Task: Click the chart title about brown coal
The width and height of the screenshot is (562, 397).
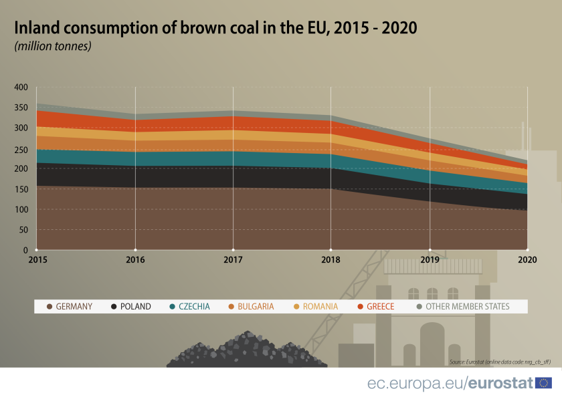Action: click(215, 28)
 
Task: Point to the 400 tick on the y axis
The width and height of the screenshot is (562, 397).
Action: click(20, 87)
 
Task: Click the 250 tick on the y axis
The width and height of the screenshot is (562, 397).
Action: click(20, 148)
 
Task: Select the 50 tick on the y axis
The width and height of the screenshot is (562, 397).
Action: click(22, 230)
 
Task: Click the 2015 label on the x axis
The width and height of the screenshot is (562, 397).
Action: click(37, 259)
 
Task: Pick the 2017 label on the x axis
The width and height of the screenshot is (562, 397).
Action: click(233, 259)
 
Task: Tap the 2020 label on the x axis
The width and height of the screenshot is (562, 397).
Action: click(527, 259)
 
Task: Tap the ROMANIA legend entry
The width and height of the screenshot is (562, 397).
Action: click(315, 307)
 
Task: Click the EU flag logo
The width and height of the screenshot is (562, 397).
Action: click(544, 383)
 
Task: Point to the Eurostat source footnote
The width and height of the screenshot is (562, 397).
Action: click(500, 362)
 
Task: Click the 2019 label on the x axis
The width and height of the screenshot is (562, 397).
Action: click(430, 259)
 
